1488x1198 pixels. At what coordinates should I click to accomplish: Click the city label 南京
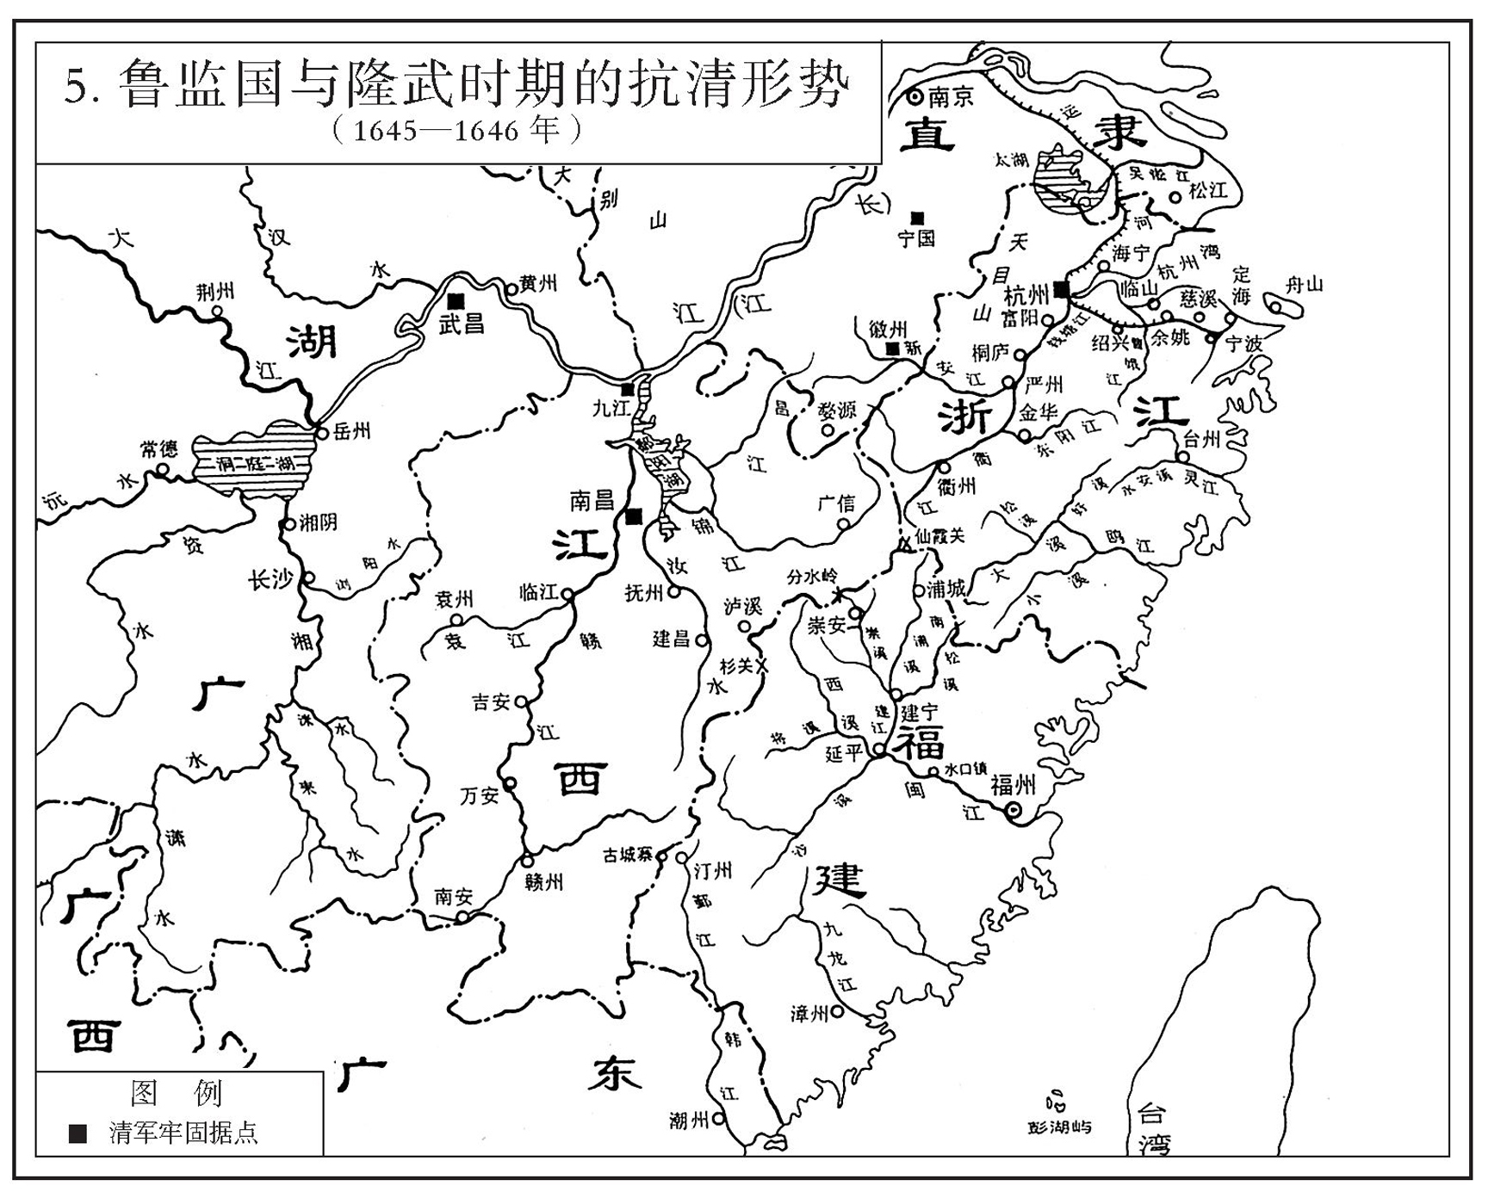tap(951, 96)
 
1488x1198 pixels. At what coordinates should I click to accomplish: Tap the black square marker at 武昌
tap(456, 299)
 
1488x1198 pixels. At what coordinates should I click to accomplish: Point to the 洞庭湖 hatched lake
tap(250, 466)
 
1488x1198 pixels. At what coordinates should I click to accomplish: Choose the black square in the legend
tap(77, 1133)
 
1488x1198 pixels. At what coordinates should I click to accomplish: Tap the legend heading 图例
tap(176, 1093)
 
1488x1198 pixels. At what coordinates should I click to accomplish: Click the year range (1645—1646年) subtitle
tap(456, 131)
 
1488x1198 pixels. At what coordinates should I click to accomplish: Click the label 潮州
tap(689, 1120)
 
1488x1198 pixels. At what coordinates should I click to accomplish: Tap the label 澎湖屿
tap(1059, 1127)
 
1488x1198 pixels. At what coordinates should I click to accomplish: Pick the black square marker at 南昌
tap(634, 516)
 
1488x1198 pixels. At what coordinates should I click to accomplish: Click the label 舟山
tap(1303, 285)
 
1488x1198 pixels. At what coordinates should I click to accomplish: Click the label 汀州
tap(713, 871)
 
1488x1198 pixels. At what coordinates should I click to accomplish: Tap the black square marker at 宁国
tap(919, 215)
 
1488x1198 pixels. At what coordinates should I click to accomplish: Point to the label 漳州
tap(809, 1013)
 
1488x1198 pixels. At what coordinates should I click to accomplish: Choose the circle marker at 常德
tap(162, 470)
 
